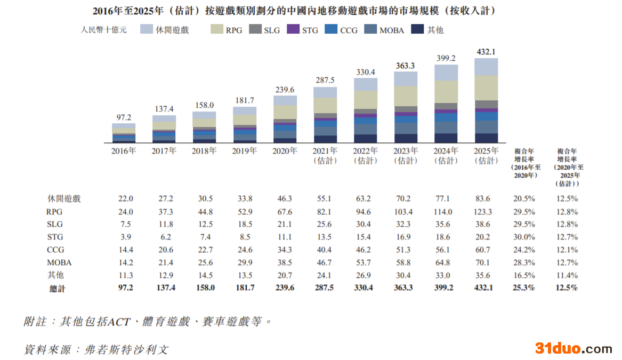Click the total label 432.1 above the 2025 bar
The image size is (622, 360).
[x=486, y=52]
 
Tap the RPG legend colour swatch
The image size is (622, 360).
[x=217, y=30]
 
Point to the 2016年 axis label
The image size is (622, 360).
[x=124, y=151]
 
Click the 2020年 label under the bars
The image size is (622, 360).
[x=285, y=151]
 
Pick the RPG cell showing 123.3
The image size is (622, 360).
[x=483, y=212]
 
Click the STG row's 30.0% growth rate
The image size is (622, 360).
[x=524, y=237]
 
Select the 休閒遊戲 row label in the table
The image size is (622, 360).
[x=64, y=199]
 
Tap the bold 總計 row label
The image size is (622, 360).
[x=57, y=288]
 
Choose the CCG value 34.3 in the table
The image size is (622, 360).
[x=285, y=250]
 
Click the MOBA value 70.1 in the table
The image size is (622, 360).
[x=483, y=263]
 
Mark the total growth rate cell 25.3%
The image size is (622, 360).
[x=524, y=288]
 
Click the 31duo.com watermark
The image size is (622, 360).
[x=573, y=349]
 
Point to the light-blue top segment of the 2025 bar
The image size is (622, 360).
[x=486, y=67]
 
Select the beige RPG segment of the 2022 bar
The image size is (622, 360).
[x=366, y=100]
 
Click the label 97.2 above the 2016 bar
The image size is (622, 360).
[x=124, y=117]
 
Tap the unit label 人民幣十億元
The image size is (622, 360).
[x=104, y=30]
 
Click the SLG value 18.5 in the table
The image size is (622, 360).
[x=245, y=225]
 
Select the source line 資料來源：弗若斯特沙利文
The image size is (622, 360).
[x=96, y=349]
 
